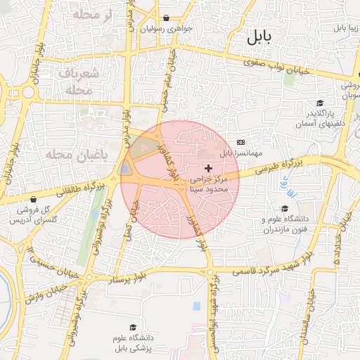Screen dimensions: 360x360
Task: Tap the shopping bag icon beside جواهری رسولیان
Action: pos(166,18)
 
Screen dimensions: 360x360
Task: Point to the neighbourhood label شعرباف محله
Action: pos(71,82)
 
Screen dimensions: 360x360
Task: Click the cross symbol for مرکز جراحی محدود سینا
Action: pos(209,168)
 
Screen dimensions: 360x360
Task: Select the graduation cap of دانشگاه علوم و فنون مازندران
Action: pos(285,208)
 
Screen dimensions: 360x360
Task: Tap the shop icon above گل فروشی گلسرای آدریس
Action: pos(34,200)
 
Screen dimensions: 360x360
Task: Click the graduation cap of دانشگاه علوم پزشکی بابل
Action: pos(132,327)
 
